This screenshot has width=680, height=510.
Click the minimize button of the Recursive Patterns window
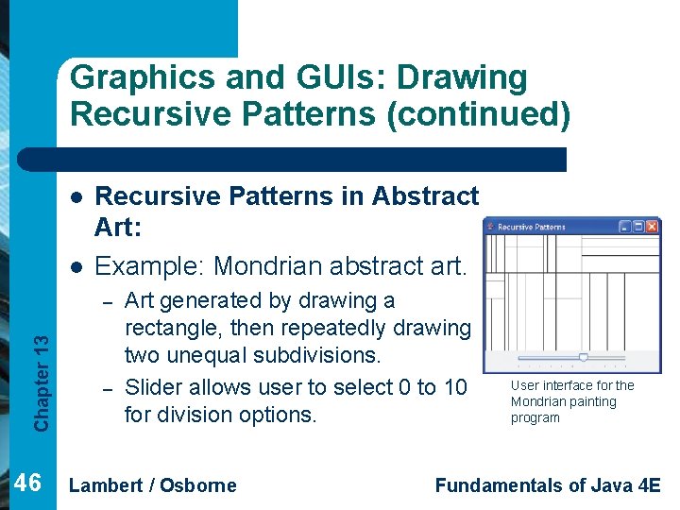click(624, 227)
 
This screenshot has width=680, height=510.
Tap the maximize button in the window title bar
click(638, 227)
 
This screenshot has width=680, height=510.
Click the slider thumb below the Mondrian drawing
click(583, 358)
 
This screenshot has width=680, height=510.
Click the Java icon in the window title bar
click(490, 227)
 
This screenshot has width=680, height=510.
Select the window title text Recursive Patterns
click(531, 227)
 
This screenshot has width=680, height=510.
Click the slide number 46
click(28, 484)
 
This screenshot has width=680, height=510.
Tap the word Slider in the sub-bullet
click(154, 387)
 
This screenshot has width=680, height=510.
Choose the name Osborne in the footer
click(201, 485)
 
